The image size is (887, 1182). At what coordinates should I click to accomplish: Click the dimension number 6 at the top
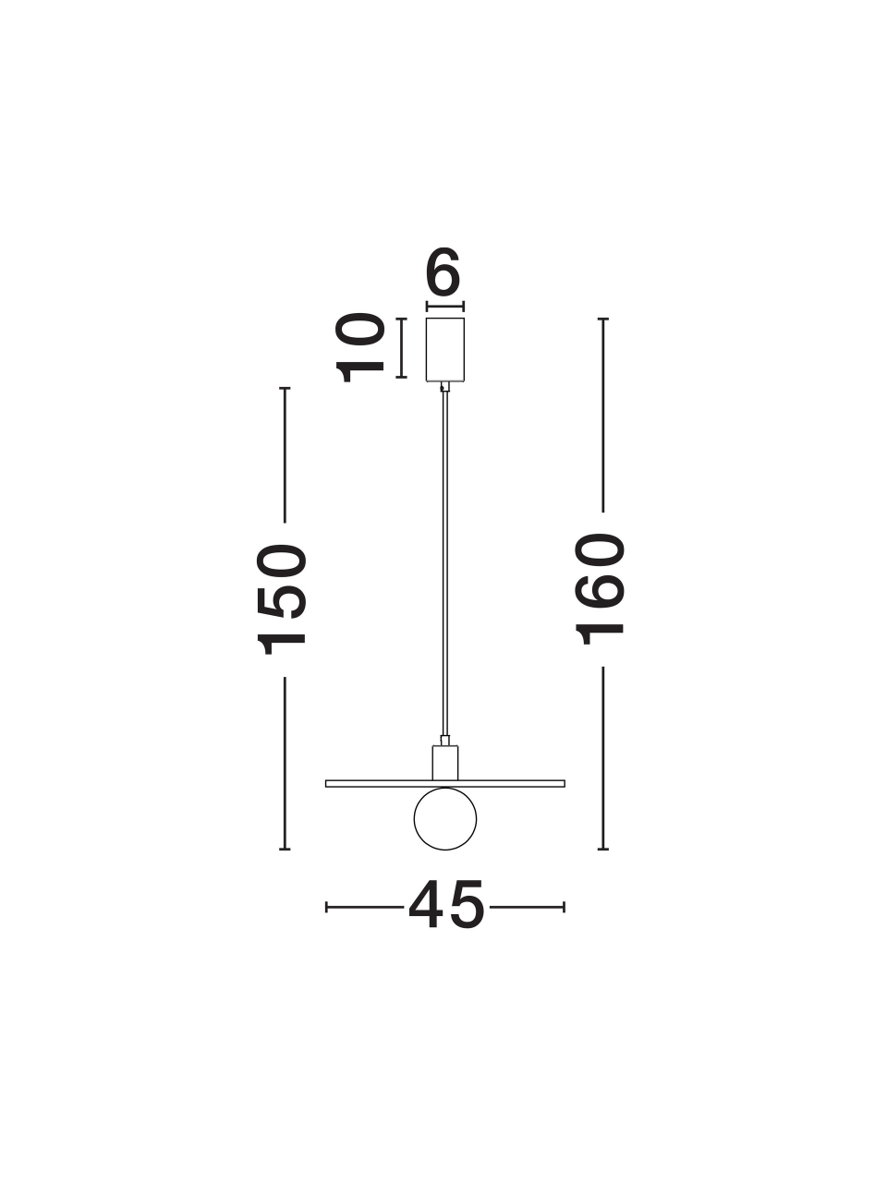443,271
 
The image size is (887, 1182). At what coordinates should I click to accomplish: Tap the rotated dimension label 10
359,348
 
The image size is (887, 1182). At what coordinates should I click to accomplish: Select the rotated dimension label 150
282,599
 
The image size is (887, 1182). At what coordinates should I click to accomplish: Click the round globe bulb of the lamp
445,818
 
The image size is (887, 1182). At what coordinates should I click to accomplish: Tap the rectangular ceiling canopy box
444,349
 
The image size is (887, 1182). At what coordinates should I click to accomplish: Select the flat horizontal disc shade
445,783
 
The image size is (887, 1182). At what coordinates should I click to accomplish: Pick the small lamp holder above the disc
445,763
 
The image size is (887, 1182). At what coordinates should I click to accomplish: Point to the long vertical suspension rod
444,563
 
